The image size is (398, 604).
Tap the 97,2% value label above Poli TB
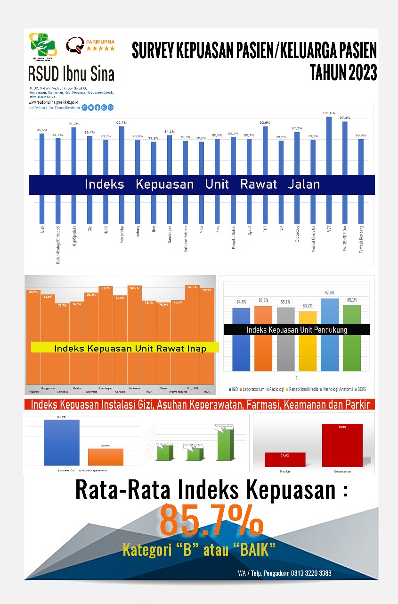point(345,118)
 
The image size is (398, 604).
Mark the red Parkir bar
point(285,460)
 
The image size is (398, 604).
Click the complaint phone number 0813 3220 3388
point(305,573)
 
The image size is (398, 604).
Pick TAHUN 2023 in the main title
point(343,73)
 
